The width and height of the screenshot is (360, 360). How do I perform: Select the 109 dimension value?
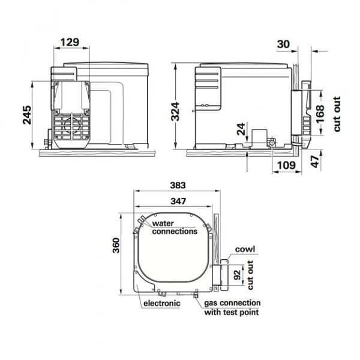286,164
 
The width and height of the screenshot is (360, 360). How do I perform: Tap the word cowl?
245,249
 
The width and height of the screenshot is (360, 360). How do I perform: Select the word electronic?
161,303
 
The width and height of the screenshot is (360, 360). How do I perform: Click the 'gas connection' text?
232,303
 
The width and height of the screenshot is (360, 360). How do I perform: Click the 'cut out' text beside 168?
337,113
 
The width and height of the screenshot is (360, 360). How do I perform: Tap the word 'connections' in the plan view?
175,231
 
